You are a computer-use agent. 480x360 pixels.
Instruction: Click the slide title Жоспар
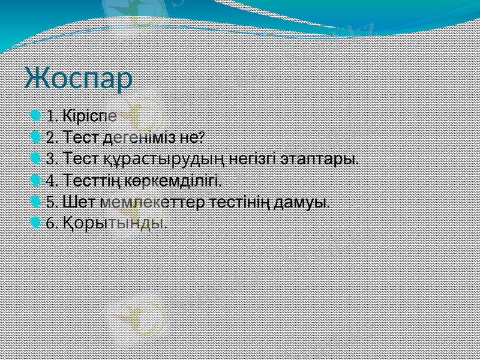coord(79,79)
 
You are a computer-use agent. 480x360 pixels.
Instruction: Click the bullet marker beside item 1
coord(36,115)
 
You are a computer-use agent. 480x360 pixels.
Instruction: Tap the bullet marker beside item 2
coord(36,137)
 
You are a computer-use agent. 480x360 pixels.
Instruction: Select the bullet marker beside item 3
coord(36,159)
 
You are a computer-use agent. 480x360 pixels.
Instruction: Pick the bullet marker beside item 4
coord(36,180)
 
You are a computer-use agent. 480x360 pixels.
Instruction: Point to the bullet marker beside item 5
coord(36,202)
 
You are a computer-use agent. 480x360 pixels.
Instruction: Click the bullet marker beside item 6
coord(36,223)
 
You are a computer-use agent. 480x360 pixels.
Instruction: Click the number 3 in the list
coord(50,160)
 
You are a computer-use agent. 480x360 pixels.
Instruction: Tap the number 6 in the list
coord(50,224)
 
